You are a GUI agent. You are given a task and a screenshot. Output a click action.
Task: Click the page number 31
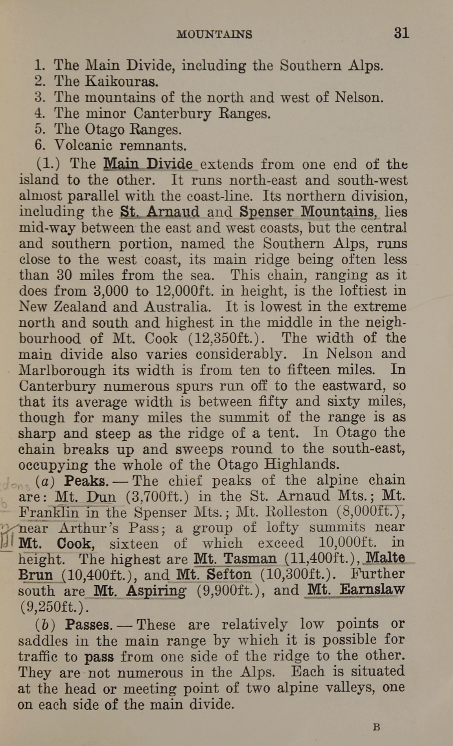point(401,33)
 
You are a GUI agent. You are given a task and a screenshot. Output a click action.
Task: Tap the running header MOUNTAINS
point(214,34)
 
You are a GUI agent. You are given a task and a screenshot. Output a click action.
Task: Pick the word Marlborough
point(62,370)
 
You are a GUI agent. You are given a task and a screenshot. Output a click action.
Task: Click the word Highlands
point(301,465)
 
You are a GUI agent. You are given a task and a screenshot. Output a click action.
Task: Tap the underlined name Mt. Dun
point(85,497)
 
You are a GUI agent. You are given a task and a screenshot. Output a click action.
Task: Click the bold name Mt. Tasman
point(235,559)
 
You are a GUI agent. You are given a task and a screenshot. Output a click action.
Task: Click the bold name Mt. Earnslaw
point(355,590)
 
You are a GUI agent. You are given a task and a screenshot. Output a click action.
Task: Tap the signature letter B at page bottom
point(376,727)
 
